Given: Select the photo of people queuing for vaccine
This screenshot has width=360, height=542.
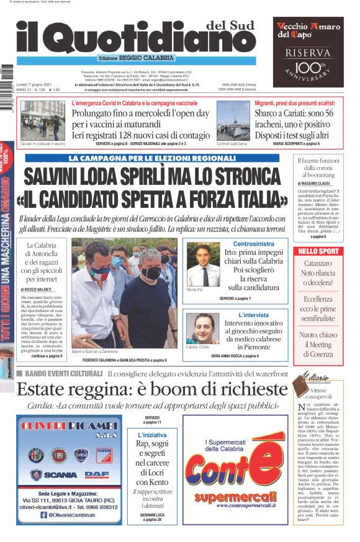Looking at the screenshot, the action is pos(43,120).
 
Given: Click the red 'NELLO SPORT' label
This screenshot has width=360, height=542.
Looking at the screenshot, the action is pos(319,251).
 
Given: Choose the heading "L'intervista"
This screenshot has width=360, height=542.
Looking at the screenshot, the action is pos(252,314).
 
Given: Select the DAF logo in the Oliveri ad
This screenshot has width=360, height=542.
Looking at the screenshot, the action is pos(97,474).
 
